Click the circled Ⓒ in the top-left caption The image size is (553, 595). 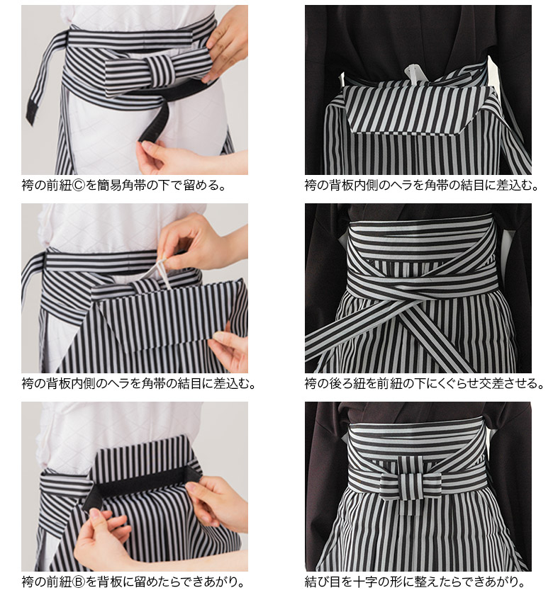pyautogui.click(x=80, y=186)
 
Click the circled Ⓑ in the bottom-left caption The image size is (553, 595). pyautogui.click(x=80, y=582)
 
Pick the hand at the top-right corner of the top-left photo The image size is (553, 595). pyautogui.click(x=225, y=45)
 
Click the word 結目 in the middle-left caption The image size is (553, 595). pyautogui.click(x=189, y=384)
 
